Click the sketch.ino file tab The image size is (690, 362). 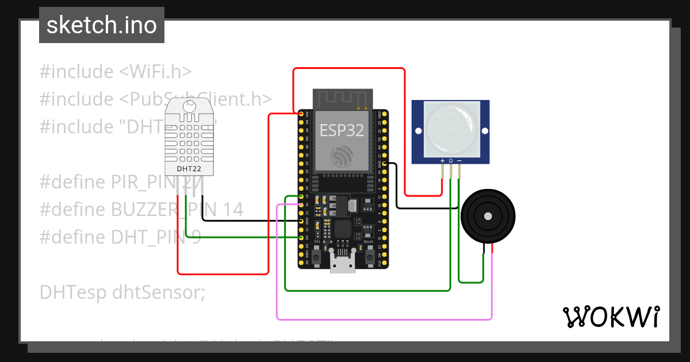click(101, 25)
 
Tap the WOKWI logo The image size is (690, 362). click(610, 317)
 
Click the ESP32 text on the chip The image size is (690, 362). click(342, 130)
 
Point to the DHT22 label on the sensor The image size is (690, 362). click(190, 169)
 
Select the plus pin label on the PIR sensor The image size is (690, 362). click(442, 160)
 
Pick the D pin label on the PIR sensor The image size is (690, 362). click(451, 160)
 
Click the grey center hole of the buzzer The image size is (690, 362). click(488, 216)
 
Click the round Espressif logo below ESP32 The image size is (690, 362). click(342, 156)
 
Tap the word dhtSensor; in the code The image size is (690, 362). click(159, 292)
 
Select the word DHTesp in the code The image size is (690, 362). click(73, 292)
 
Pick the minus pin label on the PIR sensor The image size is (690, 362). click(459, 160)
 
